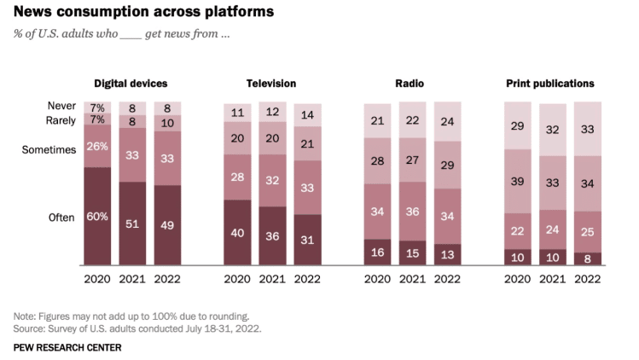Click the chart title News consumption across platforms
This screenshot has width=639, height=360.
pos(143,12)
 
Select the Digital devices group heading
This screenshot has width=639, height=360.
pos(131,84)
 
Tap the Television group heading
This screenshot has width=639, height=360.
pos(271,84)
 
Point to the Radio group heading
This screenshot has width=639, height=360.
pos(411,84)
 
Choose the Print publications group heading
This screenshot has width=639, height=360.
pos(550,84)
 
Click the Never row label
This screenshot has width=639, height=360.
pos(62,107)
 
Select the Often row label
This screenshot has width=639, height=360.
pos(62,218)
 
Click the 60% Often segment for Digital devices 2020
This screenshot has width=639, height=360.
pos(97,216)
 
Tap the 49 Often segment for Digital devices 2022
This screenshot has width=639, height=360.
pos(167,224)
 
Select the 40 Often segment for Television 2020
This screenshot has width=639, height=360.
pos(237,232)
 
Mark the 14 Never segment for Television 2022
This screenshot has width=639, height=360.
pos(307,114)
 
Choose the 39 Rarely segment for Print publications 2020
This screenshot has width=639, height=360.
pos(518,181)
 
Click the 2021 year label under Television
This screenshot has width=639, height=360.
pos(272,278)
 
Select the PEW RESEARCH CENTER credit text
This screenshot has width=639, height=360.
pos(67,347)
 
